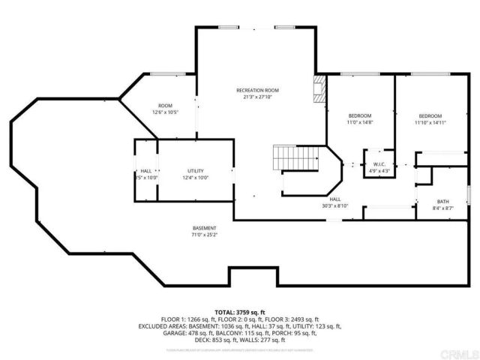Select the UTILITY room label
195,171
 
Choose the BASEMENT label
205,228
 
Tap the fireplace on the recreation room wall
319,88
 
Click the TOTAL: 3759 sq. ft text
239,312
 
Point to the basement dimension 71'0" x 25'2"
205,235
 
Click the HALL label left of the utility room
145,171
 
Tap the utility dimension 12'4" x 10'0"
195,178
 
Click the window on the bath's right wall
469,193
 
